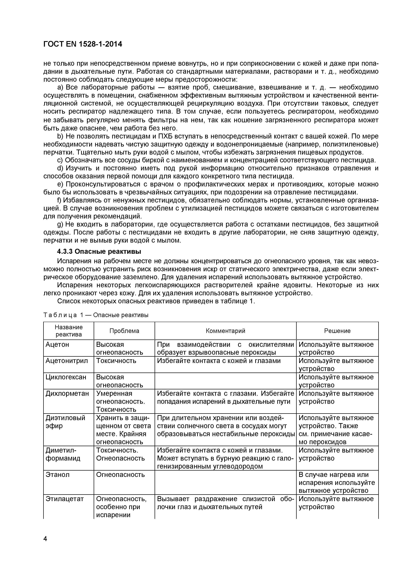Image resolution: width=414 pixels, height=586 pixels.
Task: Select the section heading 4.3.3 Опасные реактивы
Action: (x=99, y=251)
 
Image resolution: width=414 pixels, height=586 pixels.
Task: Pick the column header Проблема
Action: (x=124, y=331)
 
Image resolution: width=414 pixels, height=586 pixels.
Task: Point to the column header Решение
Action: (x=337, y=331)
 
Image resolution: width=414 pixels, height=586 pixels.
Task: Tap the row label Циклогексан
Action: (x=66, y=377)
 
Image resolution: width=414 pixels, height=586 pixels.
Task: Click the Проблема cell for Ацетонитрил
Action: (x=116, y=361)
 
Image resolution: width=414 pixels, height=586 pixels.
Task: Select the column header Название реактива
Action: (x=69, y=331)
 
